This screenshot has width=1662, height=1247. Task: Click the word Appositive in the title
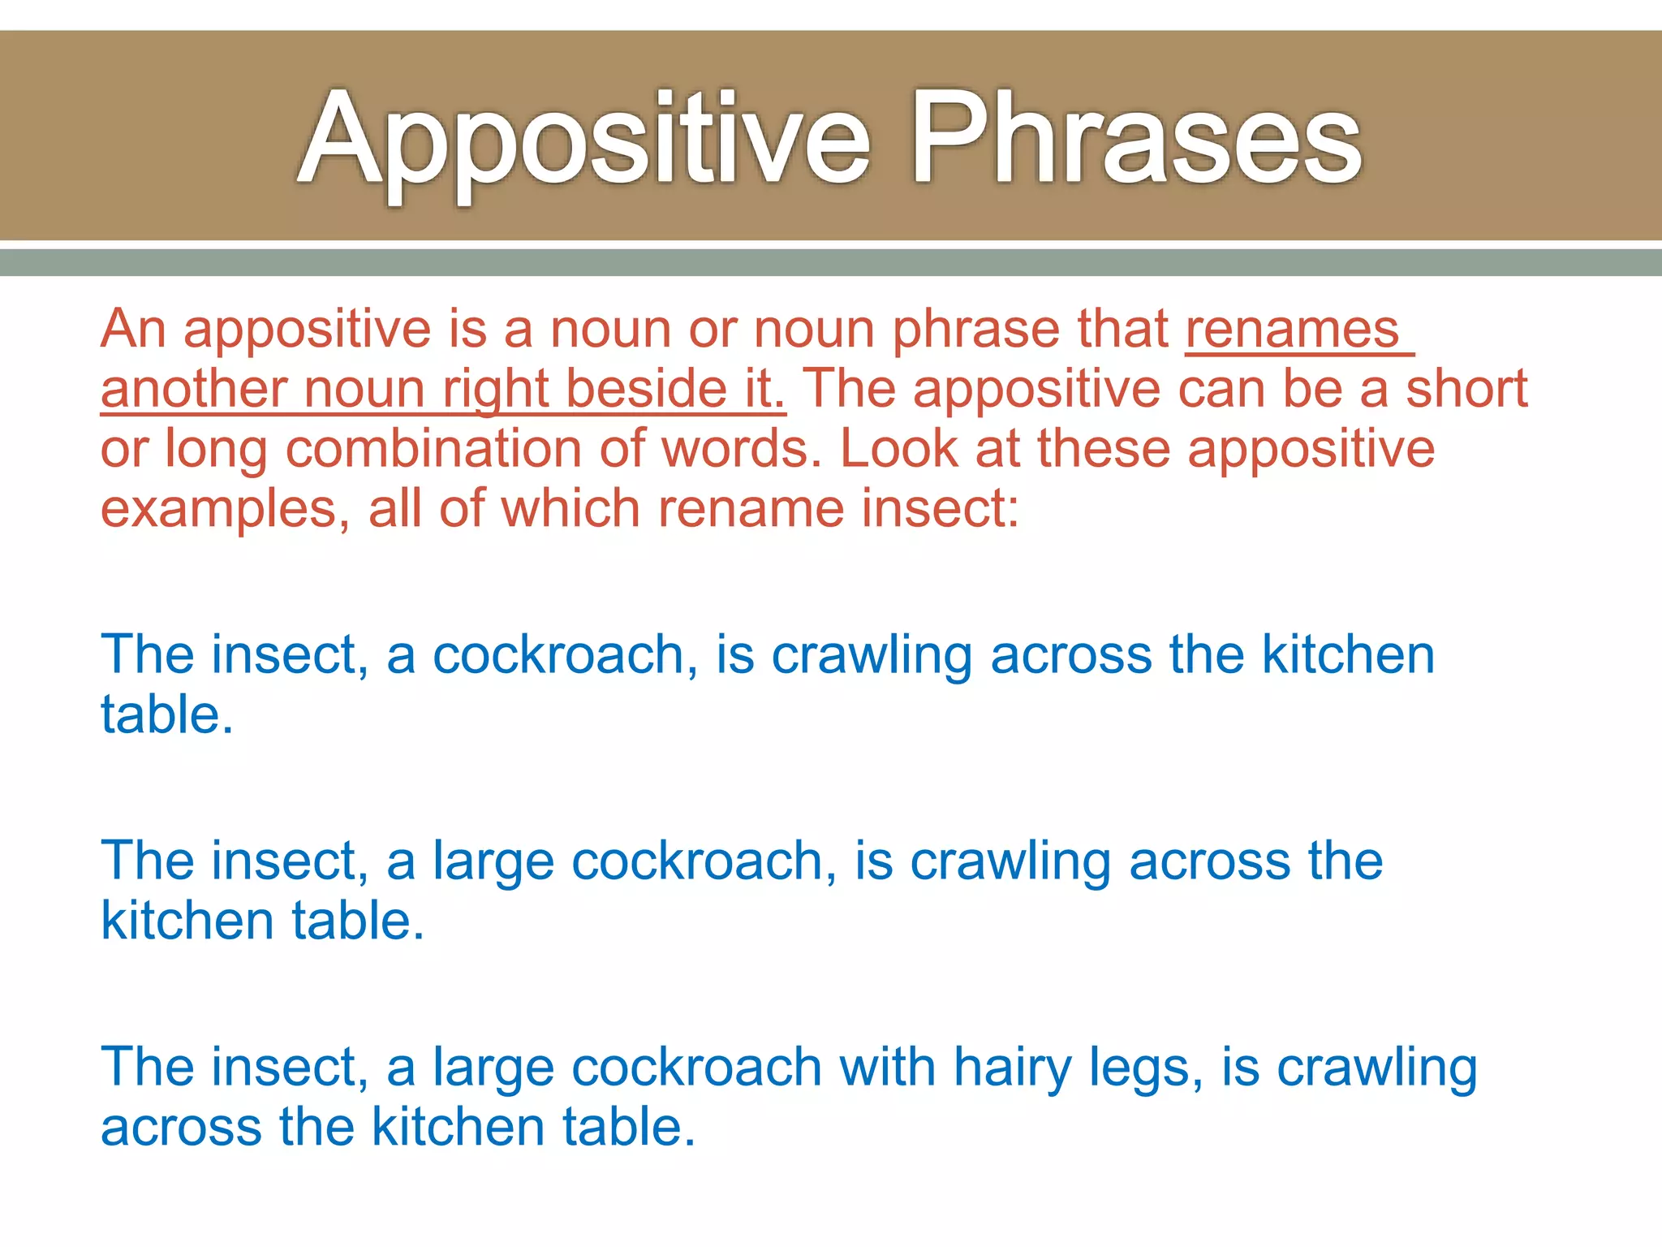pyautogui.click(x=584, y=138)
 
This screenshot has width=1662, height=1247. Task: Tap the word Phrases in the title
pyautogui.click(x=1136, y=138)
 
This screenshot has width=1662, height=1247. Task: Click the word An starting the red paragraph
pyautogui.click(x=133, y=330)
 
